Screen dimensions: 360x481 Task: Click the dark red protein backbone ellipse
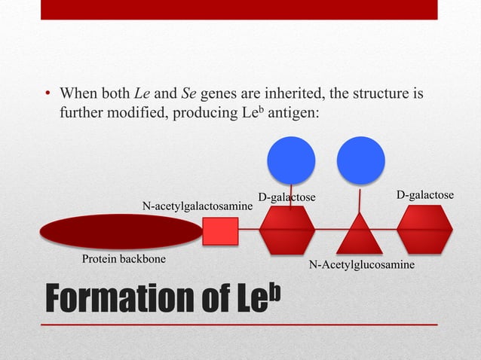coord(120,231)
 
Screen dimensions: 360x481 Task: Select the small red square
coord(220,231)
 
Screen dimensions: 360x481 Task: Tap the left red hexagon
coord(287,230)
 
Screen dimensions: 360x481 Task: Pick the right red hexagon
coord(424,229)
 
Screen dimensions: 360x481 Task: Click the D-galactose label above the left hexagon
coord(286,197)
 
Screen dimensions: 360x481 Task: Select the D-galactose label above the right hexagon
coord(425,196)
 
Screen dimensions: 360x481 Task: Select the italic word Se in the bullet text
coord(189,94)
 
